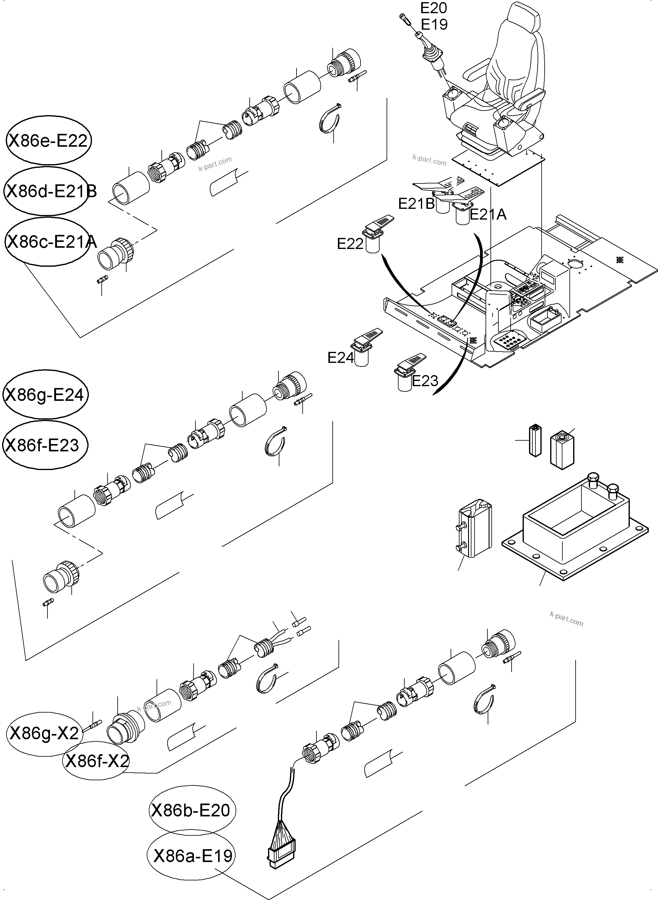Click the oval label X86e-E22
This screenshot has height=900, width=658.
[x=48, y=141]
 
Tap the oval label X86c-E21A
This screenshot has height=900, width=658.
[x=47, y=242]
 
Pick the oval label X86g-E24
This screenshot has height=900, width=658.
[x=45, y=394]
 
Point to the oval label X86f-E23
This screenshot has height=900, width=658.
[x=45, y=445]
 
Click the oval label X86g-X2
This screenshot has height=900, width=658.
[x=44, y=733]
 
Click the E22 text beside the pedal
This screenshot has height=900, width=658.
[x=350, y=244]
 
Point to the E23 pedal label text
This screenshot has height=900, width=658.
[x=425, y=381]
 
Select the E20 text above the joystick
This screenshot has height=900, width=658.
[x=434, y=8]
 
